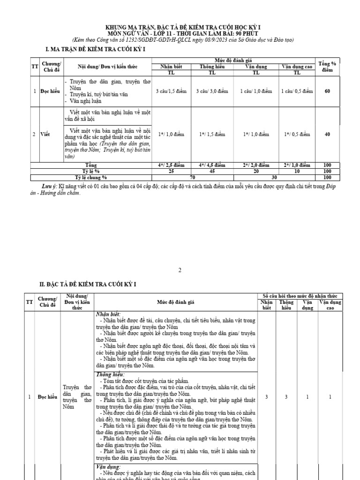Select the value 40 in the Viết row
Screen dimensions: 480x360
(x=327, y=135)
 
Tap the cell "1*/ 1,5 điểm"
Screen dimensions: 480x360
(x=211, y=135)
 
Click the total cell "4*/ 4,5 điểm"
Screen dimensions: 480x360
(x=211, y=165)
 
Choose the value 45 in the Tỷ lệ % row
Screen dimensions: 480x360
(x=211, y=171)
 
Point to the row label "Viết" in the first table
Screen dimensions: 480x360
(x=45, y=135)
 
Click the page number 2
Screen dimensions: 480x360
(x=180, y=270)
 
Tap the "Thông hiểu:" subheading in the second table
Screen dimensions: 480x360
(x=111, y=375)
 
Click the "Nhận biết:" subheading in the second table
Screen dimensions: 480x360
(x=108, y=314)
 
